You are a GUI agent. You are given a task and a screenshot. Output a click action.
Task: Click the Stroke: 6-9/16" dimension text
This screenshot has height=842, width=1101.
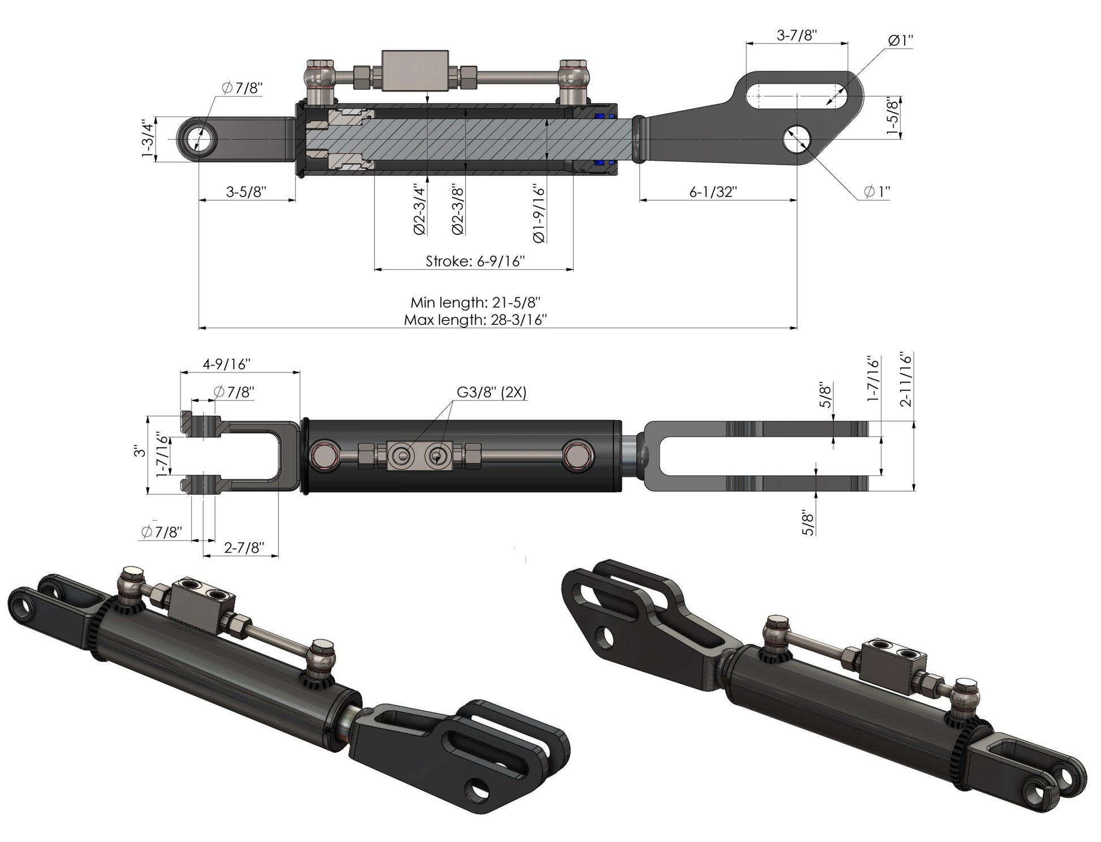tap(475, 261)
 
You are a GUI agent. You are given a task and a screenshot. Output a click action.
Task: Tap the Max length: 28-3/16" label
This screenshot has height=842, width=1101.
tap(475, 320)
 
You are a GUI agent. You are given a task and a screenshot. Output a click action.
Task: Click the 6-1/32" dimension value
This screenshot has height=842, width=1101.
tap(713, 192)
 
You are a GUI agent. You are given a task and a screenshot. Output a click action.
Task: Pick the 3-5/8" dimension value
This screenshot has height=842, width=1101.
tap(246, 192)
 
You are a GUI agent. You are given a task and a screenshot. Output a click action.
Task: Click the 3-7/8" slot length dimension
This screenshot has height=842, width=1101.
tap(797, 35)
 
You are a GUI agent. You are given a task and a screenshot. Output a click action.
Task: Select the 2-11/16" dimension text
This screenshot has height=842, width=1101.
tap(906, 380)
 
